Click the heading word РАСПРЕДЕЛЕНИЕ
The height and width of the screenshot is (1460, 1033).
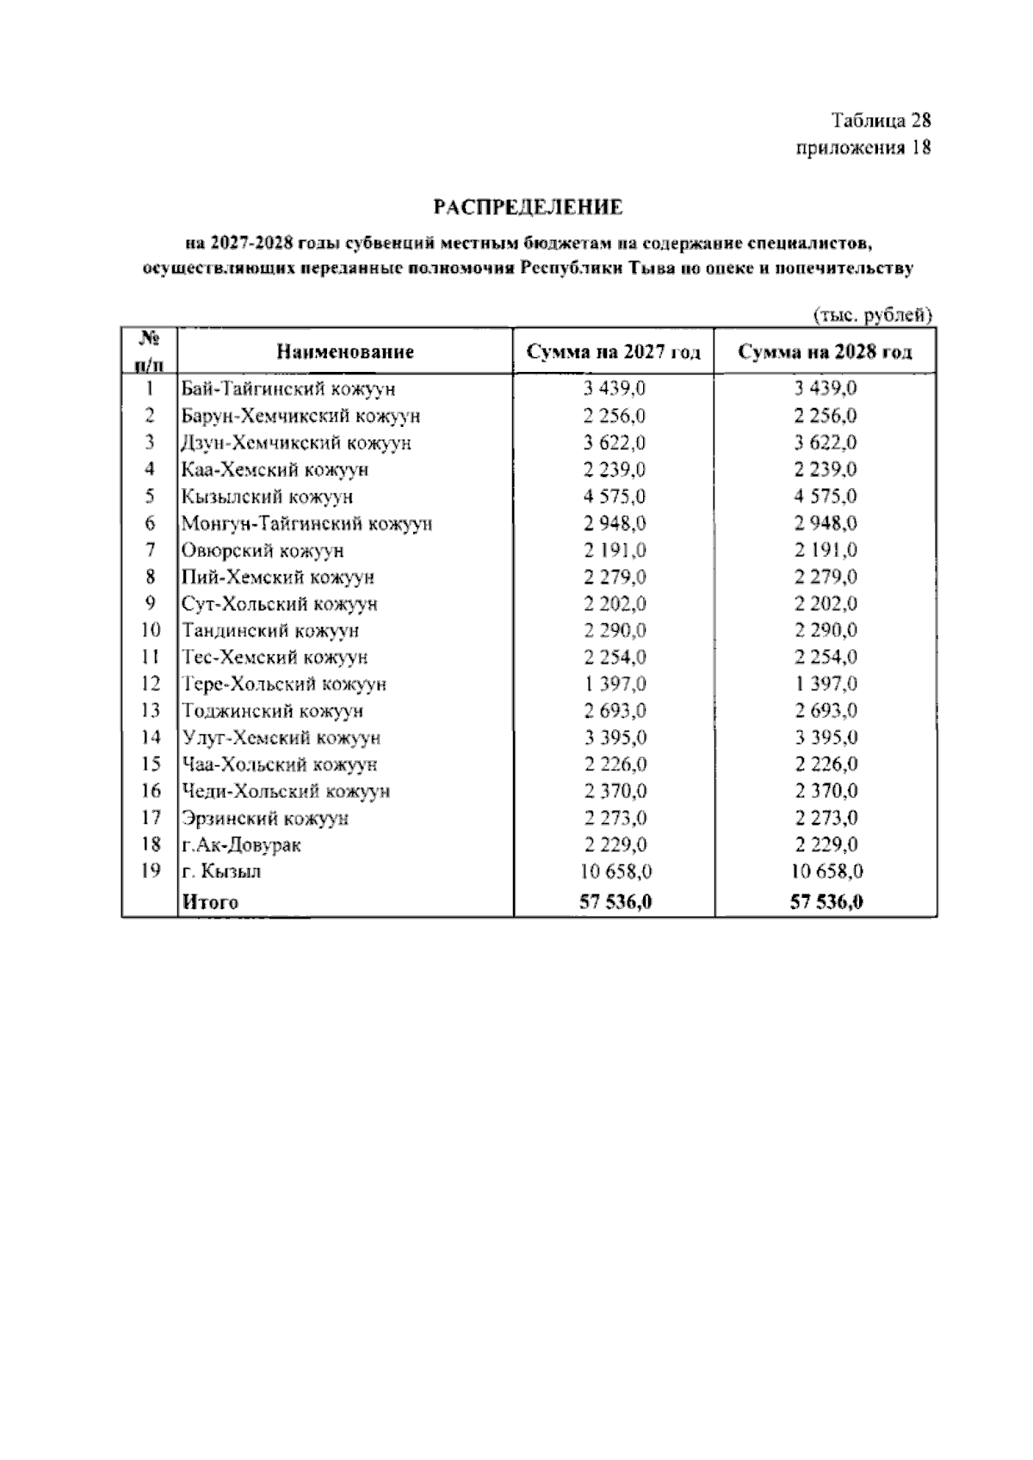click(x=527, y=207)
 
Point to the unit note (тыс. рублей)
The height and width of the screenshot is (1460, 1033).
click(x=873, y=316)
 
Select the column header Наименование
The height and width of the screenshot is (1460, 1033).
click(x=345, y=351)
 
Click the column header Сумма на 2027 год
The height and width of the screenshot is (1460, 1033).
click(x=614, y=352)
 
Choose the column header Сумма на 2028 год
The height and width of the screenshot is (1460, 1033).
click(x=826, y=352)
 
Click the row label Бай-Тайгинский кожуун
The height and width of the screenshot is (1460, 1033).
click(x=288, y=389)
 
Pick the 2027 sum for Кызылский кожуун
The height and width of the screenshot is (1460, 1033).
click(x=615, y=497)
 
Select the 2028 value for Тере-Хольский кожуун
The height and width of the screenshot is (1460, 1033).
click(x=826, y=684)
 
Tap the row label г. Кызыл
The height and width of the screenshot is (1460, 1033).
click(x=221, y=871)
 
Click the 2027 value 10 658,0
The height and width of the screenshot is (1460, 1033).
click(x=615, y=871)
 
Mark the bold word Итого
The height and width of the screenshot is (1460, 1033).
click(x=209, y=902)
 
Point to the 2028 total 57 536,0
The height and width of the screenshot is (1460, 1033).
click(x=826, y=902)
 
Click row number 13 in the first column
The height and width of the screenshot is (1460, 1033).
click(x=150, y=710)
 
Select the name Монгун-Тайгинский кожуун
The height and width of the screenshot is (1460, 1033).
click(x=306, y=523)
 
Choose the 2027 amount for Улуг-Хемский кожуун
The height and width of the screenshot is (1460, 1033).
click(x=615, y=738)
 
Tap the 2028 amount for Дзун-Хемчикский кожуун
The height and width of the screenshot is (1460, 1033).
click(x=826, y=443)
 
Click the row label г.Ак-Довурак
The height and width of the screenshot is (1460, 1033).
click(x=241, y=844)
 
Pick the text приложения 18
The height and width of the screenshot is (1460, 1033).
click(x=863, y=148)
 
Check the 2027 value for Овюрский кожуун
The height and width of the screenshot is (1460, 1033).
click(x=615, y=550)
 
